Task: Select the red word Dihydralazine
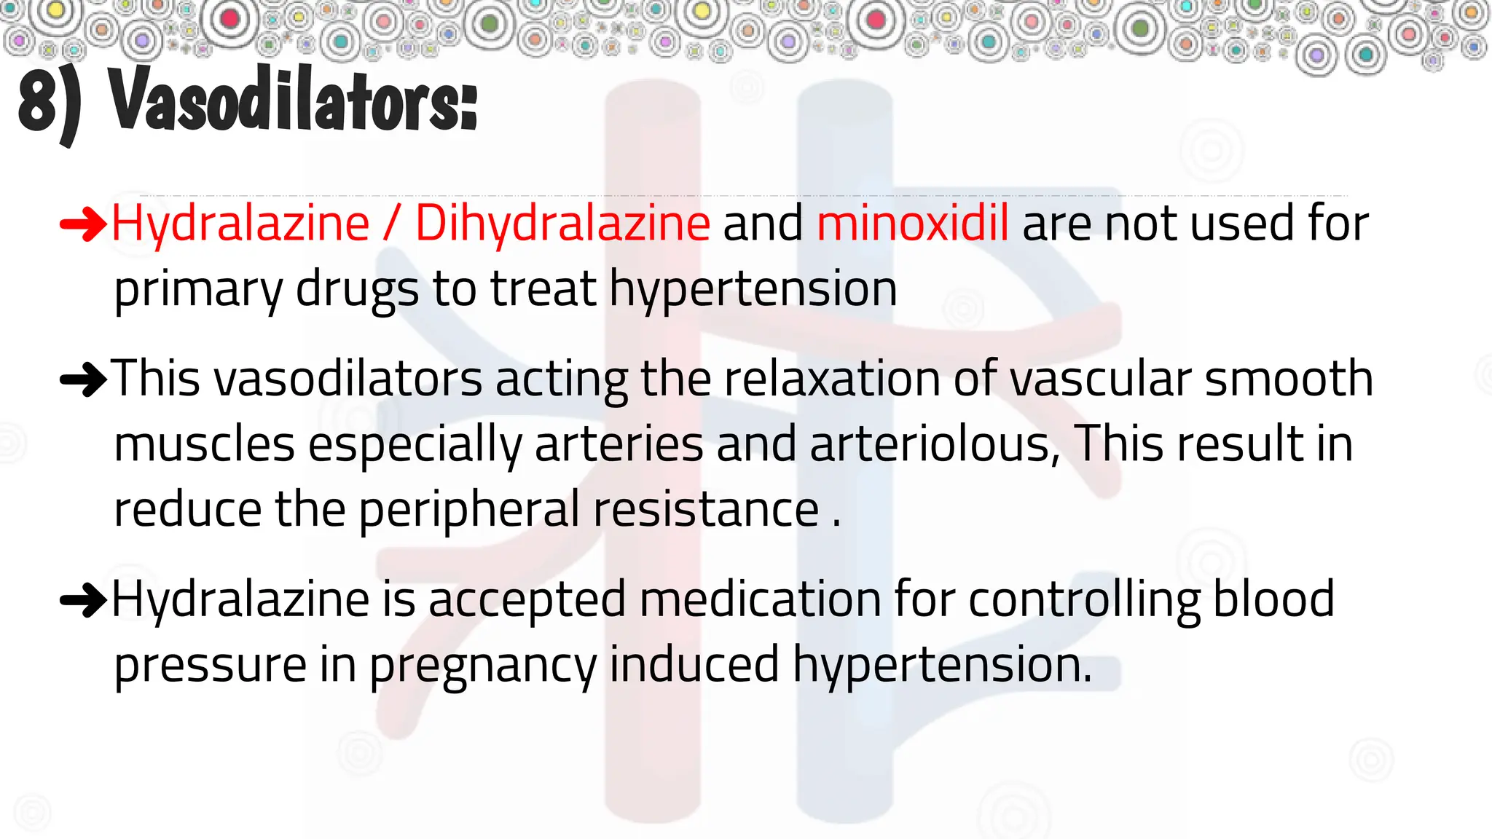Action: coord(562,223)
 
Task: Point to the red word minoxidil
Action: coord(913,223)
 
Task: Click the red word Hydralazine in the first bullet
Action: coord(240,223)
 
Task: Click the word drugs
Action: coord(357,289)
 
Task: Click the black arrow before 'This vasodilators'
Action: coord(83,379)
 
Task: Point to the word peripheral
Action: coord(469,510)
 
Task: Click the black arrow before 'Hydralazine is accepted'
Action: coord(83,600)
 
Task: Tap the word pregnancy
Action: coord(482,666)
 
